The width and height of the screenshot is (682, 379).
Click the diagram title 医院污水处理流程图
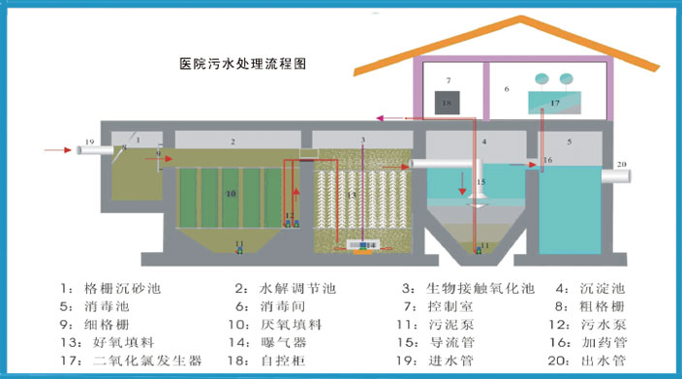(x=242, y=65)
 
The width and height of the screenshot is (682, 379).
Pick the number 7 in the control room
(x=449, y=79)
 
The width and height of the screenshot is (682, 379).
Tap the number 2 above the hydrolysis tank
(x=232, y=142)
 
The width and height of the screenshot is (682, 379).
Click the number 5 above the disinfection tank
(x=570, y=142)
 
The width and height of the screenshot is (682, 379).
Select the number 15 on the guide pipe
(x=482, y=182)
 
